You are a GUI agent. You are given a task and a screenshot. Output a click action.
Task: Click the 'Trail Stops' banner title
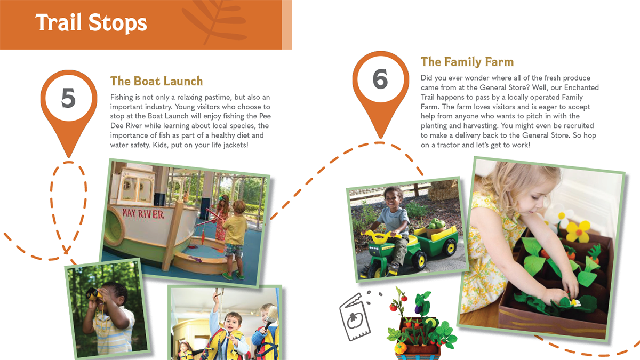pos(91,23)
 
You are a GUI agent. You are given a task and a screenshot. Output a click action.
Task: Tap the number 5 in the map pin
pos(69,98)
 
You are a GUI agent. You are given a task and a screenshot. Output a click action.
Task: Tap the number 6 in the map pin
pos(380,79)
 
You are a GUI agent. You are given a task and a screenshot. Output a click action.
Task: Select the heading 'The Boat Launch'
pos(157,81)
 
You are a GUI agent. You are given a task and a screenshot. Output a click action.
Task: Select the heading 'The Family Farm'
pos(467,62)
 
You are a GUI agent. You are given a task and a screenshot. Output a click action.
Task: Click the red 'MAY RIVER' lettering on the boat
pos(143,214)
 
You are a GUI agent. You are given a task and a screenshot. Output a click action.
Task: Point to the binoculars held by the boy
pos(94,294)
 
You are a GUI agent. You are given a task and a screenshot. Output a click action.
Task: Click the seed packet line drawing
pos(355,317)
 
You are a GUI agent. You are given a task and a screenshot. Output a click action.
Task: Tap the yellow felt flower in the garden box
pos(577,231)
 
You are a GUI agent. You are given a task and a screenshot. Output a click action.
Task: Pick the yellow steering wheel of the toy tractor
pos(380,236)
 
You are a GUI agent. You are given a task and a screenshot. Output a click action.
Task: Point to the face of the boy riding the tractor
pos(394,197)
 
